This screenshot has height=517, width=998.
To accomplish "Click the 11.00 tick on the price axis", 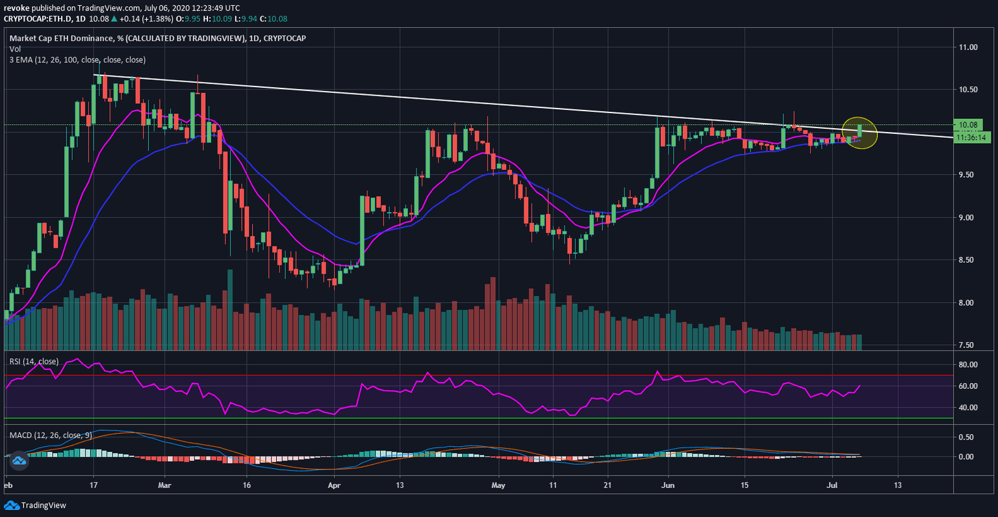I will (x=968, y=47).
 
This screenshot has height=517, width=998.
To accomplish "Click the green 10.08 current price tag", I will (x=967, y=125).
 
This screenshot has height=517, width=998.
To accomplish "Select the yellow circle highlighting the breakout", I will (x=859, y=132).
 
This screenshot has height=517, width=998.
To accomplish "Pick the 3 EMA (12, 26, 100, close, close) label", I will (x=77, y=60).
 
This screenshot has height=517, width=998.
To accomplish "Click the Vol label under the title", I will (x=15, y=49).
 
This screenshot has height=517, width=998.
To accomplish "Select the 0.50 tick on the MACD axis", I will (x=967, y=437).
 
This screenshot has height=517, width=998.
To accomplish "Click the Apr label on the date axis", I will (x=334, y=485).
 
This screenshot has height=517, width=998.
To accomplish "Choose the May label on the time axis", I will (x=498, y=485).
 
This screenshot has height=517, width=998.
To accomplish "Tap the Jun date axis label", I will (x=667, y=485).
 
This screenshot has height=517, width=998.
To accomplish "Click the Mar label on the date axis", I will (x=165, y=485).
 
